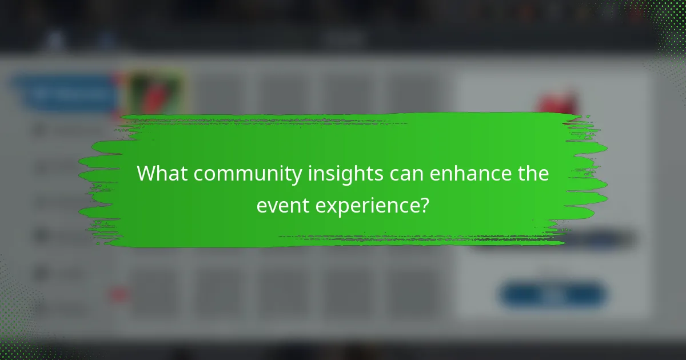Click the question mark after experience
(x=424, y=204)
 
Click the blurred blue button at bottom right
(x=553, y=295)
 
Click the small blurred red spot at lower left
(x=119, y=295)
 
